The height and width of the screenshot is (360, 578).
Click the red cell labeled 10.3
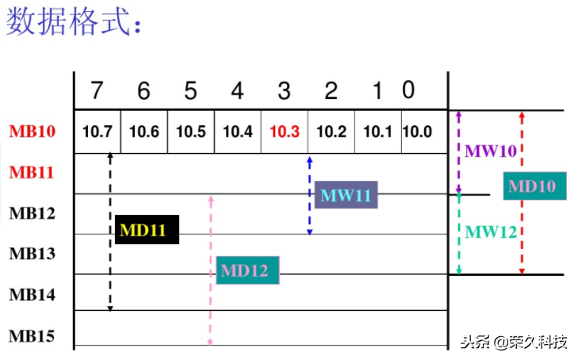point(285,132)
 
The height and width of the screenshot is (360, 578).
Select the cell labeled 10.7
point(97,132)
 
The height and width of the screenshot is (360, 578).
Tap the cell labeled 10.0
point(417,132)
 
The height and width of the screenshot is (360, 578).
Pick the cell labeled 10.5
point(191,132)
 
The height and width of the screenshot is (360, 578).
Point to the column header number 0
point(408,90)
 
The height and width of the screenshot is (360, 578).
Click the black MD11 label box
point(147,230)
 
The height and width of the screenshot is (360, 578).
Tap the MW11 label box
point(346,194)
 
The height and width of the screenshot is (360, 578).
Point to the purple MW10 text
point(490,151)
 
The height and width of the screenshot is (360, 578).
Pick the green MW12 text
point(490,232)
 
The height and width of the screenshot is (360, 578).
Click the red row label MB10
point(33,132)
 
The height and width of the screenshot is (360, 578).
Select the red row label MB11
point(33,171)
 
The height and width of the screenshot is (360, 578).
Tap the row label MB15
point(33,336)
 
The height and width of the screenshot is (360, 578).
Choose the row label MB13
point(33,254)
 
